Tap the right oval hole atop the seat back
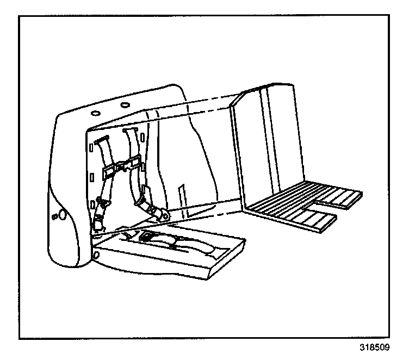125,104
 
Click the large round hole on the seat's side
63,215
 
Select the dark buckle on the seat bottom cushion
147,237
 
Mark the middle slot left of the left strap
91,176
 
